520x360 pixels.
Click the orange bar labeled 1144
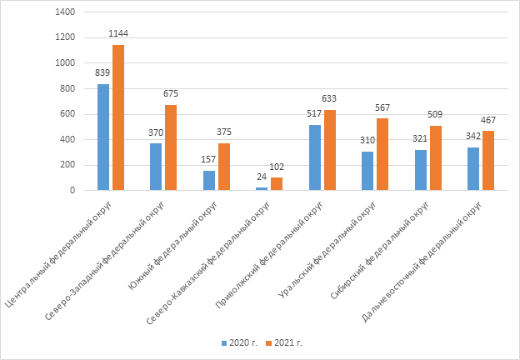pos(118,117)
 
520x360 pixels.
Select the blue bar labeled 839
pos(103,137)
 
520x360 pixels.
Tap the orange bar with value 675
pos(171,147)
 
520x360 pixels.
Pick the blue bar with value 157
pos(208,180)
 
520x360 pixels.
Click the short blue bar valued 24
pos(262,188)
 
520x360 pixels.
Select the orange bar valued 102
pos(277,183)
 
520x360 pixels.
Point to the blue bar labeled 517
pos(315,157)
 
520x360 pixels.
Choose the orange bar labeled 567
pos(382,154)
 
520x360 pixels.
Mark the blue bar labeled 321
pos(420,170)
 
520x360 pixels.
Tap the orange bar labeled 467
pos(488,161)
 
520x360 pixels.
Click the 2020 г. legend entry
pos(238,342)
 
